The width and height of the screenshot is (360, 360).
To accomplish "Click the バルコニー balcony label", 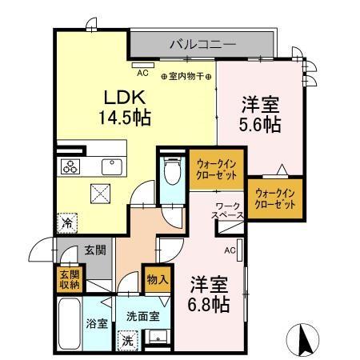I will (202, 44).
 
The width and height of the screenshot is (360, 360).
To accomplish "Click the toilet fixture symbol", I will (170, 170).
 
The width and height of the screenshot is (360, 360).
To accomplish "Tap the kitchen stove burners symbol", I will (70, 166).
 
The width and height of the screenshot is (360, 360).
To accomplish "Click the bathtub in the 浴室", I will (70, 322).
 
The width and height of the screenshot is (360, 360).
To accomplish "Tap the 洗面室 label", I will (142, 315).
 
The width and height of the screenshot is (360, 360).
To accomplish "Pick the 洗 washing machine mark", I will (126, 339).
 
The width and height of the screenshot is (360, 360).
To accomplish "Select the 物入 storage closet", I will (157, 279).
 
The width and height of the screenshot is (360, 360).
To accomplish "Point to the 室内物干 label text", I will (186, 77).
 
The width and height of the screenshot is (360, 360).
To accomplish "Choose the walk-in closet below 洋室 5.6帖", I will (276, 197).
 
